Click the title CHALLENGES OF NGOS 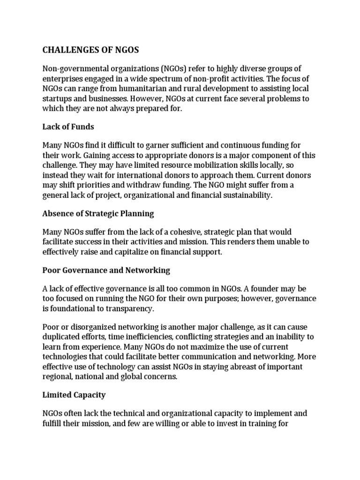coord(91,50)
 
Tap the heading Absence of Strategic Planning coord(98,213)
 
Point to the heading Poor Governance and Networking coord(106,270)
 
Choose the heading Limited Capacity coord(74,395)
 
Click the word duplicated coord(61,337)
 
